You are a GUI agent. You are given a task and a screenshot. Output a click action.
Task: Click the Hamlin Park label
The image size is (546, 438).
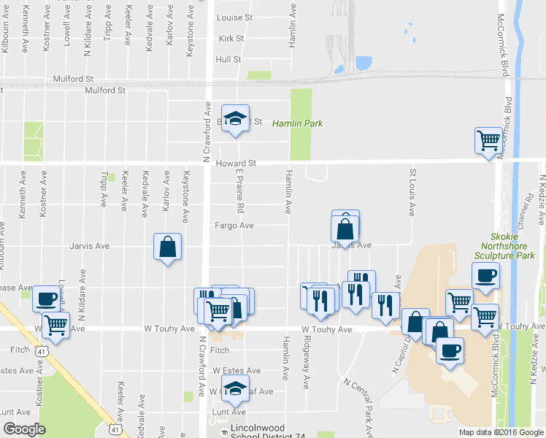297,124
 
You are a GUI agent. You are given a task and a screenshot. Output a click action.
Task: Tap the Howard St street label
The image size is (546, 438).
237,164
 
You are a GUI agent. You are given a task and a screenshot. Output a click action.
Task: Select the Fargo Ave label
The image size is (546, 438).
234,226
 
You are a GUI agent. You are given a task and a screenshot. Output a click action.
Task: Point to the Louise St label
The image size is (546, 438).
234,17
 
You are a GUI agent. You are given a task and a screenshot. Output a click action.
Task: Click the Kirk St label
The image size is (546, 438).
229,38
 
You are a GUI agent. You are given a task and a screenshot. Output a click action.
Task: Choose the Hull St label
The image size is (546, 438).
228,59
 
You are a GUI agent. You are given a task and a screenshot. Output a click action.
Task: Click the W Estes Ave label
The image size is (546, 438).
237,371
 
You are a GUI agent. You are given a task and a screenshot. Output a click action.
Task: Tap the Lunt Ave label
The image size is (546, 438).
223,412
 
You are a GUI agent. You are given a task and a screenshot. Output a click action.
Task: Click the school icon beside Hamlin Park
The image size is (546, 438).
235,119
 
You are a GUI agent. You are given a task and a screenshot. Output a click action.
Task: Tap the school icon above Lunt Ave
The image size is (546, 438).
235,389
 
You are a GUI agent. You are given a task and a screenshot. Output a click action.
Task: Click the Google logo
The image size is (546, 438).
24,429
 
